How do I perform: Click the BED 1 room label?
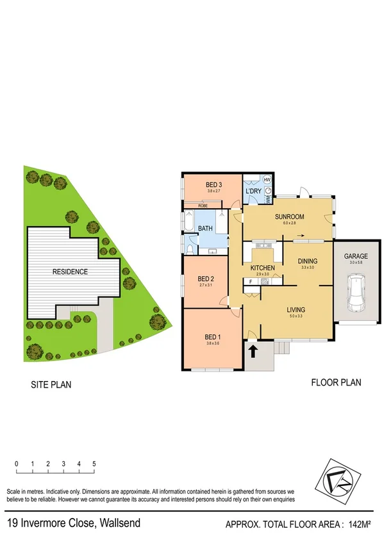pos(212,337)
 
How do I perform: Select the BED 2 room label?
pos(205,279)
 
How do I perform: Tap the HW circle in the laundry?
pos(267,180)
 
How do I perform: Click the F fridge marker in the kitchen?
pos(251,281)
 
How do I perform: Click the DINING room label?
pos(308,261)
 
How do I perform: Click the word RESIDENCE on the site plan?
pos(71,271)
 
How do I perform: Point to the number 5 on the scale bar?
pos(94,463)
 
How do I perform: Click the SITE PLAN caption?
pos(51,385)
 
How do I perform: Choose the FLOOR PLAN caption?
pos(336,383)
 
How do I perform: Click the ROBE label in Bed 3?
pos(202,206)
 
